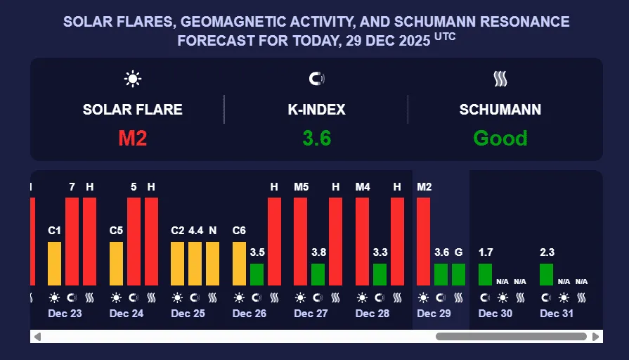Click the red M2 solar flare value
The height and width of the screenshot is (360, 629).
coord(132,138)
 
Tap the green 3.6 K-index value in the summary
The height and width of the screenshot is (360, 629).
coord(316,138)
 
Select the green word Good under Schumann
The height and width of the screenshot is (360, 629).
coord(500,138)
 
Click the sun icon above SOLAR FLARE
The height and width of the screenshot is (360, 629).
coord(132,79)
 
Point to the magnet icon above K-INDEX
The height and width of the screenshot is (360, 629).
coord(316,79)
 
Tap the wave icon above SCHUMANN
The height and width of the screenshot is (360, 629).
coord(500,79)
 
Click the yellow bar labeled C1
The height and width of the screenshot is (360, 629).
coord(55,263)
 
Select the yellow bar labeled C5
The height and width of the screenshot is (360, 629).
coord(117,263)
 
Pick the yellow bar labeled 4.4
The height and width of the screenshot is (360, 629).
coord(195,263)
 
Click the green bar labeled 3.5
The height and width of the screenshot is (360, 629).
coord(257,274)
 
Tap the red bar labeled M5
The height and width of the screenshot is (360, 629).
coord(301,241)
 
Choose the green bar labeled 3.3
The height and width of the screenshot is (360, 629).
coord(380,274)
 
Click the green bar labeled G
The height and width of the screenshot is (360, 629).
coord(459,274)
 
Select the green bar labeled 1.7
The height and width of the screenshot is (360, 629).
coord(486,274)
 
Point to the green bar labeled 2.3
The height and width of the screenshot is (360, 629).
coord(547,274)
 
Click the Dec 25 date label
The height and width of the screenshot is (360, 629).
coord(188,314)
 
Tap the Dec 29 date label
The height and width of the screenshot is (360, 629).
coord(434,314)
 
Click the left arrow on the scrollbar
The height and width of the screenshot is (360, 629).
coord(37,337)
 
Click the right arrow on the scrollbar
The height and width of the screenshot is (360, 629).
coord(596,337)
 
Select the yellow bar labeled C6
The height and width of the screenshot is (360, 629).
coord(240,263)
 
